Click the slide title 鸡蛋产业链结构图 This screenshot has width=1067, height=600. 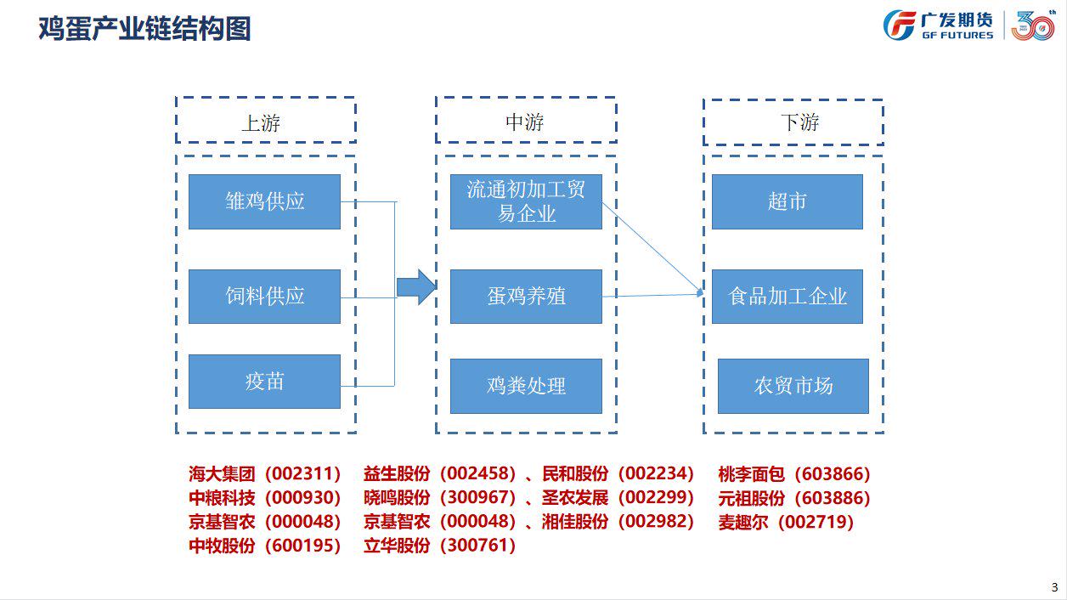(144, 28)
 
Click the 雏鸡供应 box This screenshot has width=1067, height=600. (264, 201)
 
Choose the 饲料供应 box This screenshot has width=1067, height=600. (264, 297)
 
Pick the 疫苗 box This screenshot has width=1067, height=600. (264, 382)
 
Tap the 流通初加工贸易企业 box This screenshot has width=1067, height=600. (526, 201)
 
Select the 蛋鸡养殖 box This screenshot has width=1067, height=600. (526, 297)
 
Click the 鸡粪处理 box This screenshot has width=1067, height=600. (526, 386)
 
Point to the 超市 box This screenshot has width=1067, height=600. (788, 201)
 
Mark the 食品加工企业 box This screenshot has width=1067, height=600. (788, 297)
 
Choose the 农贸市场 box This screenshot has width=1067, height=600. (793, 386)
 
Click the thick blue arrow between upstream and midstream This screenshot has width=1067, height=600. (416, 287)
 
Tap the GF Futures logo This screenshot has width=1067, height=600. (938, 25)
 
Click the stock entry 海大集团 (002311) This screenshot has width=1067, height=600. (265, 473)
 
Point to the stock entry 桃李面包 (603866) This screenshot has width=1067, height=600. (794, 473)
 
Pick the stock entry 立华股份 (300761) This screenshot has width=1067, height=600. (440, 546)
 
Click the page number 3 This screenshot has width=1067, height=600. (1054, 587)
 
